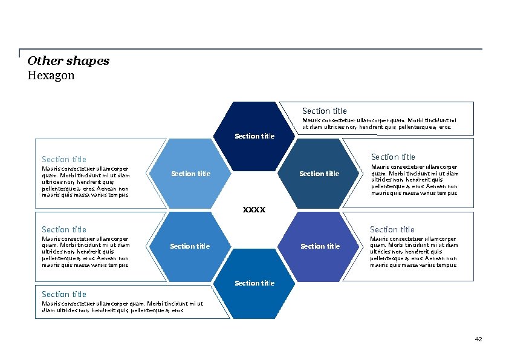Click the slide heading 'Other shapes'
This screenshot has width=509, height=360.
[x=68, y=61]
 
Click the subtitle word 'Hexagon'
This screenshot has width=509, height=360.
[x=51, y=76]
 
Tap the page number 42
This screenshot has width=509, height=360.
[x=478, y=339]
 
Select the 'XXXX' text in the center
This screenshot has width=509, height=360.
[x=254, y=209]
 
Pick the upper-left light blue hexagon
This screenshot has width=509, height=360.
[x=191, y=174]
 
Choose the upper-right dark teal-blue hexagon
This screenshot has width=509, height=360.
[x=319, y=174]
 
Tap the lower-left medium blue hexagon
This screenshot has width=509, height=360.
[x=190, y=246]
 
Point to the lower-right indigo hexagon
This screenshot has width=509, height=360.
[x=320, y=246]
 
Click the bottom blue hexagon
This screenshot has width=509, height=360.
[x=254, y=283]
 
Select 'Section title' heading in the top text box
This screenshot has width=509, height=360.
[x=324, y=111]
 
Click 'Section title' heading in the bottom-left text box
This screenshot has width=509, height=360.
[x=64, y=294]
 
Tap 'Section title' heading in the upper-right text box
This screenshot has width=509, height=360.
[x=393, y=157]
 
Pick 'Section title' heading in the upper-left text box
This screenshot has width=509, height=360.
[x=64, y=159]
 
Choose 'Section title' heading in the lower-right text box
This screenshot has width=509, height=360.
[x=392, y=229]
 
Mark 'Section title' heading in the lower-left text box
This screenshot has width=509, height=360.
[x=64, y=229]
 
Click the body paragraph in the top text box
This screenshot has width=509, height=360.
[x=379, y=123]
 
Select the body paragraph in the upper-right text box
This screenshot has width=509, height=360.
[x=415, y=180]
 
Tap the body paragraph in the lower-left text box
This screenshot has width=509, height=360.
[x=85, y=252]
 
